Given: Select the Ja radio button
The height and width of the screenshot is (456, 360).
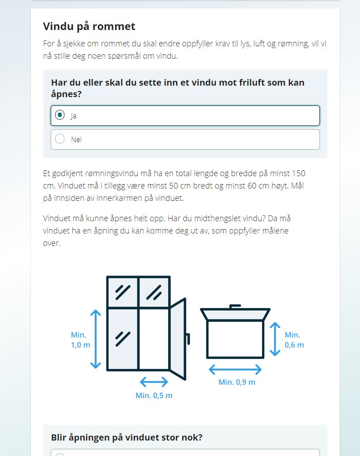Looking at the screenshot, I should point(60,115).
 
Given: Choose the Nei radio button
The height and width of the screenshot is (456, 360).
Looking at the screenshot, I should point(60,139).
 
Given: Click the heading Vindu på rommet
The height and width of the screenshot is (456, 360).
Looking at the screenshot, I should point(89,26).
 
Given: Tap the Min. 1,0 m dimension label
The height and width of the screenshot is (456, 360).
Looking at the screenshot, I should point(80,340).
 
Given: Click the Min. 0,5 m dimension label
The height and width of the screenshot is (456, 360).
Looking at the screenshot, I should point(154,396).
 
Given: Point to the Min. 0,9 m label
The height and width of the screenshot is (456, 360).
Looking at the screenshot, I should point(237,382).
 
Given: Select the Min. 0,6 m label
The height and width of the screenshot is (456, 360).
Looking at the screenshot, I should point(294,340).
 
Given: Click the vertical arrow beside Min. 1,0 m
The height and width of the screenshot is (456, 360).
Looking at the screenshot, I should point(96,339).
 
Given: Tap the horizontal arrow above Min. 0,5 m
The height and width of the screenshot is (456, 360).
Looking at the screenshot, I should point(154,381).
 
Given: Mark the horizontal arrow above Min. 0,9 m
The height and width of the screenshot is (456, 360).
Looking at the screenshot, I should point(235,369).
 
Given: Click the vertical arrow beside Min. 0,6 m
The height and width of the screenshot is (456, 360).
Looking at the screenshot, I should point(275,339).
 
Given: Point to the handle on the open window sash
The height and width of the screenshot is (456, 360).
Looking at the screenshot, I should point(188,339).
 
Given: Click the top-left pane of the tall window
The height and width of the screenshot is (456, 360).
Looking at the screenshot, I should point(123,292).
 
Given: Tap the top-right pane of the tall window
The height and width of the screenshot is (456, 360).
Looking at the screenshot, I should point(154,292).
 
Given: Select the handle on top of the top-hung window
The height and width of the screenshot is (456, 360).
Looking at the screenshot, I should point(235,305).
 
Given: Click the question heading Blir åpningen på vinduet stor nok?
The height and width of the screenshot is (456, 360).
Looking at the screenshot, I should point(127,437).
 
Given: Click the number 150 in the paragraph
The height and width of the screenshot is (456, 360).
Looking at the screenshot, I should point(298,173).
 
